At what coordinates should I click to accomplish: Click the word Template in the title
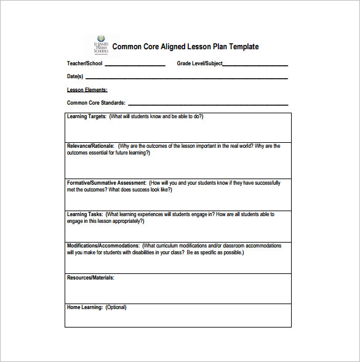pyautogui.click(x=242, y=47)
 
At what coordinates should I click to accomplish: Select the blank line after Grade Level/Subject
pyautogui.click(x=255, y=65)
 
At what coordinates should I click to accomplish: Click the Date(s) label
pyautogui.click(x=75, y=76)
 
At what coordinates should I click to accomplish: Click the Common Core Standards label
pyautogui.click(x=96, y=103)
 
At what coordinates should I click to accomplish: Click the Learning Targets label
pyautogui.click(x=87, y=116)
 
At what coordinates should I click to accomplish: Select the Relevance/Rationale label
pyautogui.click(x=90, y=146)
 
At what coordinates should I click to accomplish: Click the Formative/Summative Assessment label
pyautogui.click(x=106, y=183)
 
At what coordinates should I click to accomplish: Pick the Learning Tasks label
pyautogui.click(x=85, y=214)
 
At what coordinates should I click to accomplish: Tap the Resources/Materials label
pyautogui.click(x=90, y=278)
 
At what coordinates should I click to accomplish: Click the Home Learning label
pyautogui.click(x=84, y=307)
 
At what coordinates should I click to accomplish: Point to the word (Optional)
pyautogui.click(x=116, y=307)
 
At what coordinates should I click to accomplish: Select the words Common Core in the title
pyautogui.click(x=131, y=47)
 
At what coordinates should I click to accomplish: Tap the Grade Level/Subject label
pyautogui.click(x=199, y=63)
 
